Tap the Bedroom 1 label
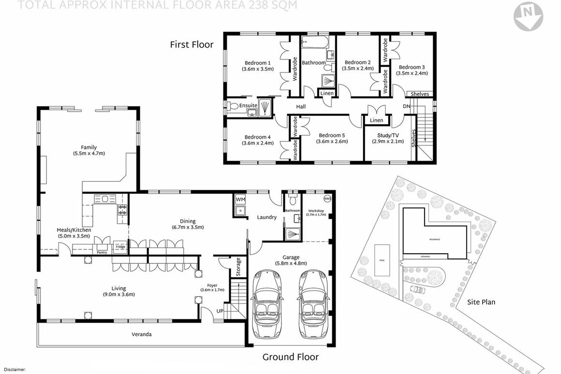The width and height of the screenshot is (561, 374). click(x=257, y=63)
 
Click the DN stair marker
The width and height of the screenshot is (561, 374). click(x=406, y=106)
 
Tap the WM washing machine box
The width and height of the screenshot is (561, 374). click(x=240, y=199)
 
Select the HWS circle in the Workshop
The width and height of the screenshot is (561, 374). click(x=326, y=199)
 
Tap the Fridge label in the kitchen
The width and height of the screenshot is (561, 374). click(x=120, y=247)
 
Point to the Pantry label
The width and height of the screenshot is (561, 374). click(x=102, y=252)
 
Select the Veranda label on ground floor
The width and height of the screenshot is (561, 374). click(x=142, y=334)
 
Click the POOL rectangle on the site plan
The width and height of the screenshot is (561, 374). click(x=382, y=260)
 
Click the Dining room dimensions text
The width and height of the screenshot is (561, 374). click(x=188, y=227)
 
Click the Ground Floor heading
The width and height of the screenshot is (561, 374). click(x=290, y=357)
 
